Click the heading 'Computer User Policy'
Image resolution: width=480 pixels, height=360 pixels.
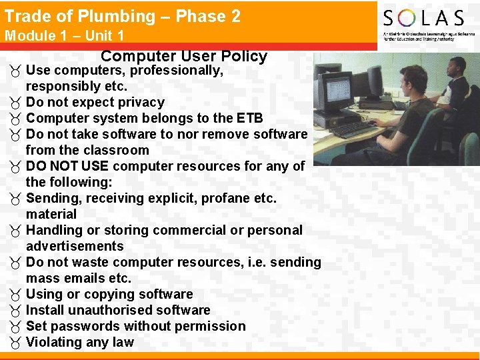184,57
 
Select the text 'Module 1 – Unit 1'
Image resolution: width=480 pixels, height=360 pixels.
64,35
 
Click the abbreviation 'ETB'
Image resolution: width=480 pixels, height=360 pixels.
249,118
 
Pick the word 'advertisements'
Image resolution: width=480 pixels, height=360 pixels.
75,246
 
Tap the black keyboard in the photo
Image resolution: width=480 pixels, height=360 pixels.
353,129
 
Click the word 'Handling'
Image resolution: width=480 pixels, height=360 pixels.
54,230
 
